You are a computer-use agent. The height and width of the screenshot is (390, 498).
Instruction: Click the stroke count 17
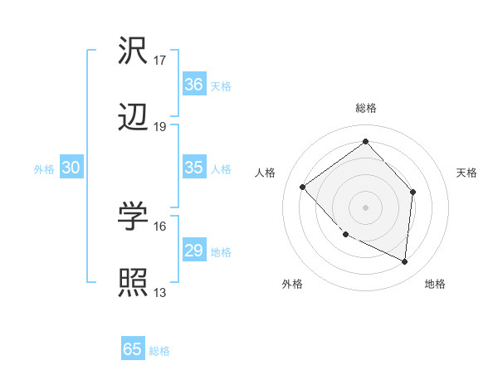click(160, 61)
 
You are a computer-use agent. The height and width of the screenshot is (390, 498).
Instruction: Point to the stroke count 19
click(160, 127)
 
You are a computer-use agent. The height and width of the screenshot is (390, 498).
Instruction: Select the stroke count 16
click(160, 226)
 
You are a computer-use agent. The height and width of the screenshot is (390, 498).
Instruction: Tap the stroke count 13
click(160, 292)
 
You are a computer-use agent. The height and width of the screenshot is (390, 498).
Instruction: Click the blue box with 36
click(193, 85)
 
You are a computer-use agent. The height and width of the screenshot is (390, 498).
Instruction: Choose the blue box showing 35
click(193, 168)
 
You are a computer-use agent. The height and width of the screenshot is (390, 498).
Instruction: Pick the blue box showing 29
click(193, 251)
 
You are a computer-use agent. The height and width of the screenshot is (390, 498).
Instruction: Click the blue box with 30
click(71, 168)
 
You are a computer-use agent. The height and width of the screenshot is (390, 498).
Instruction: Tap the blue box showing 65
click(133, 349)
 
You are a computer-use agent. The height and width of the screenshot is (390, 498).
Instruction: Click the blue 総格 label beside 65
click(159, 351)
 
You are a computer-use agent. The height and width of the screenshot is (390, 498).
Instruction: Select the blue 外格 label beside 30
click(44, 169)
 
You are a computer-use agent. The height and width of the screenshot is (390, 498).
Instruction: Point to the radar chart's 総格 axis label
click(365, 108)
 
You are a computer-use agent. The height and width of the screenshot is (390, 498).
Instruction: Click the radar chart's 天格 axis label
click(467, 173)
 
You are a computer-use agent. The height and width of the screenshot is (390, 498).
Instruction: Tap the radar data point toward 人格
click(303, 187)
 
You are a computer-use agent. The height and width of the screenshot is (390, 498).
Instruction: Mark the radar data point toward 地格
click(404, 261)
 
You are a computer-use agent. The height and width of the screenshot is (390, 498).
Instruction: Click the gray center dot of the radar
click(365, 207)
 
